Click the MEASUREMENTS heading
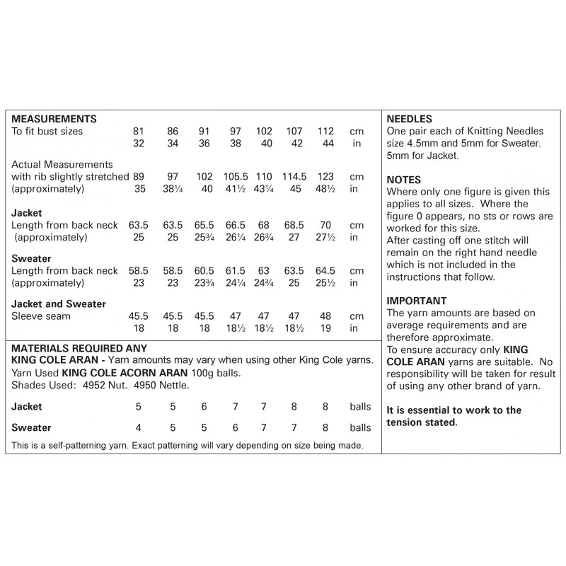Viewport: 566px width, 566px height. pos(54,119)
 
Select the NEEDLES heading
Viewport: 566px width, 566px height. pos(410,119)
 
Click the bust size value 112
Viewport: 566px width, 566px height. pos(325,132)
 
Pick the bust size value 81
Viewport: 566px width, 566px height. pos(138,132)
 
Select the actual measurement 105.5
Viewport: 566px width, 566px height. pos(236,176)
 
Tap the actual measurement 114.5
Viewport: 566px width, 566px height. pos(292,176)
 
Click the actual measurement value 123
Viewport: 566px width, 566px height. pos(325,176)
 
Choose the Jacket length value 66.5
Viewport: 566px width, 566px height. pos(236,225)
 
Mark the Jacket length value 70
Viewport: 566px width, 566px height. pos(325,225)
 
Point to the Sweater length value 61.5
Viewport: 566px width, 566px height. pos(236,271)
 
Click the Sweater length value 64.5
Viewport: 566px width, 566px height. pos(325,271)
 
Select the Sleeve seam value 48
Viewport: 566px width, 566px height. pos(325,316)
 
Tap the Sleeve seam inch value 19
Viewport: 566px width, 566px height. pos(325,329)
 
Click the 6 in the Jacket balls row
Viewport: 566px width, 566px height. pos(204,407)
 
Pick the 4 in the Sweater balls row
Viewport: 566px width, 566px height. pos(138,428)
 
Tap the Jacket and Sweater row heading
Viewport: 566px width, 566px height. pos(59,304)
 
